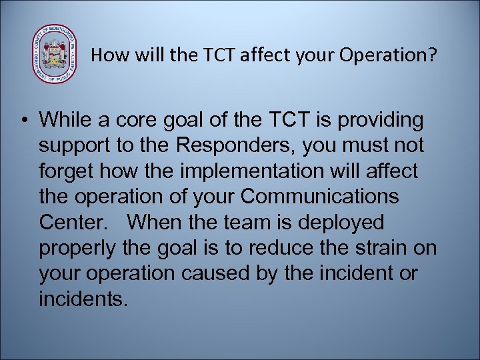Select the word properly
click(76, 248)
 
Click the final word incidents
click(83, 299)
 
